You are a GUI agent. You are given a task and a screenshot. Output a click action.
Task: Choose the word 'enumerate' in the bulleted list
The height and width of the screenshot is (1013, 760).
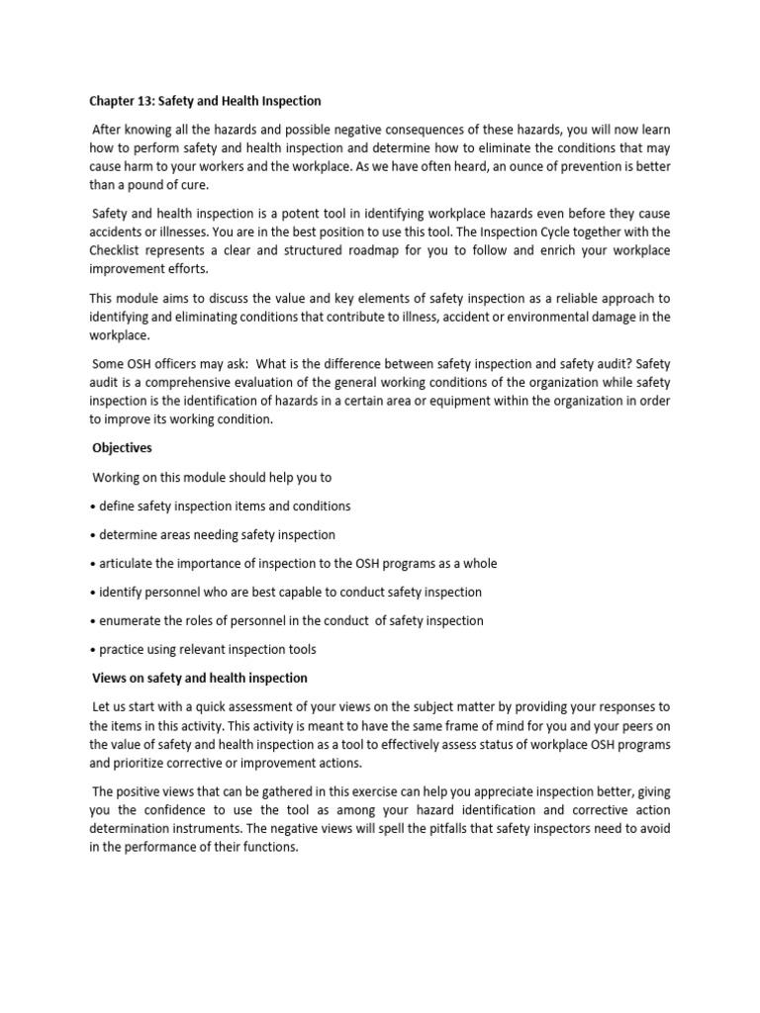coord(132,620)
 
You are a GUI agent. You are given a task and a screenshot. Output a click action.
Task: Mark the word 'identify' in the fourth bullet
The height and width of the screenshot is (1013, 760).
coord(121,592)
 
